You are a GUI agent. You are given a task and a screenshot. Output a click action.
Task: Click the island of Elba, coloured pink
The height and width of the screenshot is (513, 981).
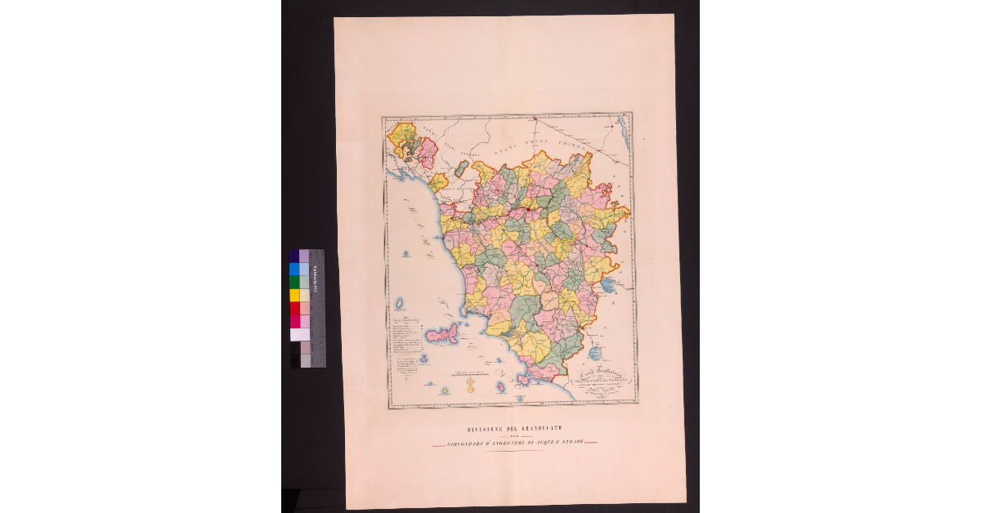coord(442,333)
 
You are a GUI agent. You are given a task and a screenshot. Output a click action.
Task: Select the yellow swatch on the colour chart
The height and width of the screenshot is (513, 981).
coord(294,295)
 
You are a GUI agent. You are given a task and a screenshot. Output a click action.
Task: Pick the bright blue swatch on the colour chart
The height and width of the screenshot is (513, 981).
coord(294,269)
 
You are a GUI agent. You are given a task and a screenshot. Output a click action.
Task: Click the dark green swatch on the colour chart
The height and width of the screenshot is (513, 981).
coord(294,282)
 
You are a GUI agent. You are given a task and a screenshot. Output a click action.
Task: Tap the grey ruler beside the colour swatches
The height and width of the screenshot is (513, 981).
coord(316,308)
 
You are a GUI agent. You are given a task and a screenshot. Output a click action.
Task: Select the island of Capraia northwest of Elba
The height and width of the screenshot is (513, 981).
coord(400,304)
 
